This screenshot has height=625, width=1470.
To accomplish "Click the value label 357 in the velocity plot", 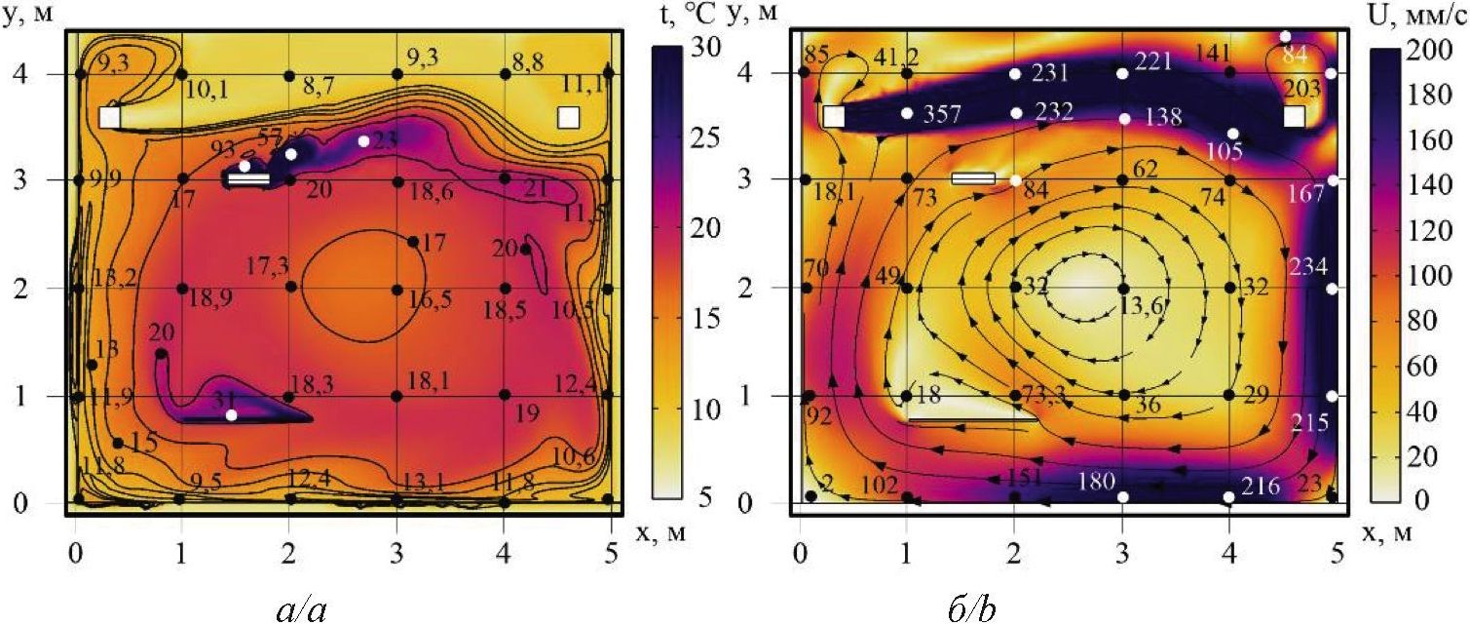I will coord(944,115).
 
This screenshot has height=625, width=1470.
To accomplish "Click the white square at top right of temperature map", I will coord(569,117).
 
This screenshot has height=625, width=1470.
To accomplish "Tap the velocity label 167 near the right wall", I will coord(1304,192).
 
